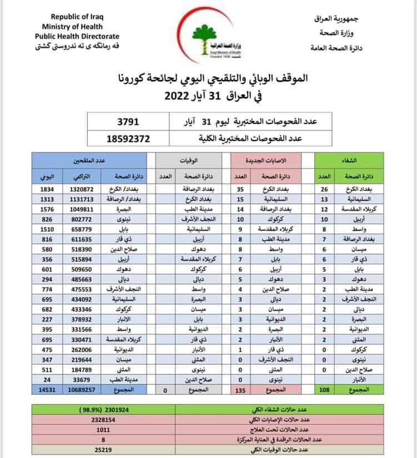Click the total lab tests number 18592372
127,139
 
